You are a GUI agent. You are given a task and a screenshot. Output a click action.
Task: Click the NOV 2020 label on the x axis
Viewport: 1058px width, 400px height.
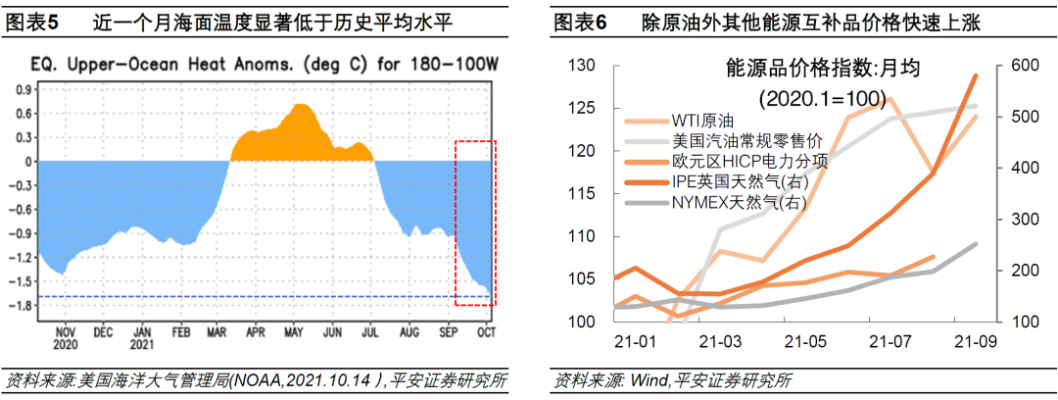click(66, 338)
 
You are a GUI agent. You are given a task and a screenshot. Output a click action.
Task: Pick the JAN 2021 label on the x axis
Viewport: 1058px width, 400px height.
click(142, 338)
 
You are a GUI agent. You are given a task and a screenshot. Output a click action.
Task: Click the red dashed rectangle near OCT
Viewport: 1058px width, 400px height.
click(476, 223)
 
